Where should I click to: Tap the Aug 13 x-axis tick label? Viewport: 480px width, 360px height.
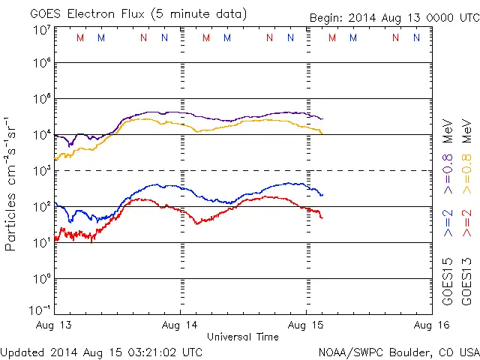[55, 325]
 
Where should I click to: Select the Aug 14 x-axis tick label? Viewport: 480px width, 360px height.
[181, 325]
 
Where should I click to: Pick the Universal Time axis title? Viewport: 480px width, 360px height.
[243, 337]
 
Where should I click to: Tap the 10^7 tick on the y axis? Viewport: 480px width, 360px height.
[41, 30]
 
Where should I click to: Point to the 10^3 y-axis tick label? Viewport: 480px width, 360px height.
[41, 170]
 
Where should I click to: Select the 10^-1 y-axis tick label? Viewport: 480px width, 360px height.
[41, 309]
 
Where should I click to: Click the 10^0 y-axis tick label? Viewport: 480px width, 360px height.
[41, 278]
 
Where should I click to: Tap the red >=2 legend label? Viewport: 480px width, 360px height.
[466, 223]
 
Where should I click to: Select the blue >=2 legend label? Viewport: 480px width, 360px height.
[448, 223]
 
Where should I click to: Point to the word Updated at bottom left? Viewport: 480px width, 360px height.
[25, 351]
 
